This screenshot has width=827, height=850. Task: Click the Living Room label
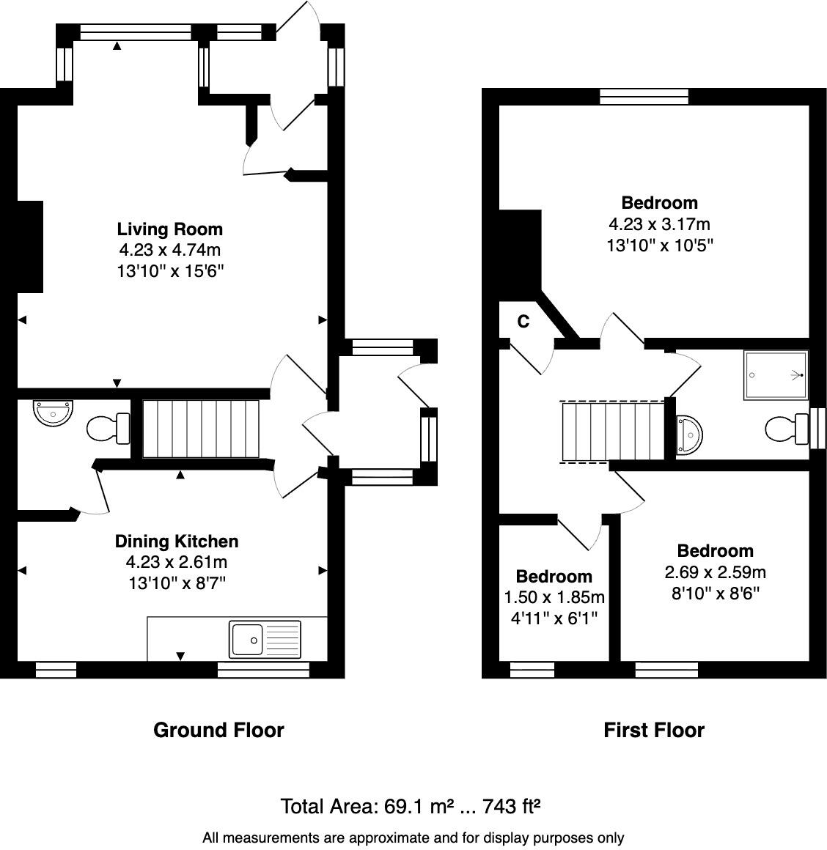(170, 229)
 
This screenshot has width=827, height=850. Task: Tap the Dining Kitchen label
(177, 542)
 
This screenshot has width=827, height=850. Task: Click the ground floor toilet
(107, 429)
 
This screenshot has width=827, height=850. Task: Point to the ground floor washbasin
(54, 413)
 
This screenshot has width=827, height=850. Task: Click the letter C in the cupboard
(523, 321)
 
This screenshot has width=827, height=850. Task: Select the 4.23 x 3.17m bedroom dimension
(659, 224)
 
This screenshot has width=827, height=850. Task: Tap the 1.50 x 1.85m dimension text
(554, 597)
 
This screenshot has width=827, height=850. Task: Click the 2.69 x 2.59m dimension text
(715, 572)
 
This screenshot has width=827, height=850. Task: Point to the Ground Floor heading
(218, 730)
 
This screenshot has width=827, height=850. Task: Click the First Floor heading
(654, 730)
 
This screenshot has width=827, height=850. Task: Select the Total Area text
(411, 807)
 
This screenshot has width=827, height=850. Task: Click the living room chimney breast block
(30, 246)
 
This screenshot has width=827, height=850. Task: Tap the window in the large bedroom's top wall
(644, 96)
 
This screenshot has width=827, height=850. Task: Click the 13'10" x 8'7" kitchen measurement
(177, 583)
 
